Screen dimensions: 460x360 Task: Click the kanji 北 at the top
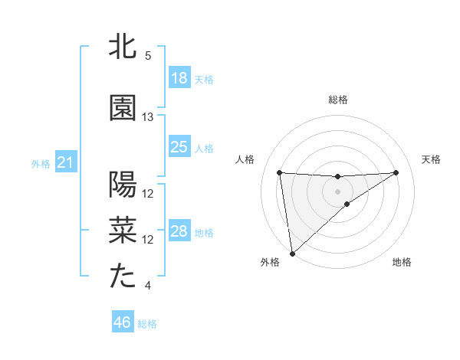click(x=123, y=47)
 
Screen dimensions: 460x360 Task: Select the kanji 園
click(x=123, y=108)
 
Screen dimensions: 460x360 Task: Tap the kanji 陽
click(x=123, y=185)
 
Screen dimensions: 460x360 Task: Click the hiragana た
click(x=123, y=277)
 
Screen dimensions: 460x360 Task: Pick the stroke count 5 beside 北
click(x=148, y=56)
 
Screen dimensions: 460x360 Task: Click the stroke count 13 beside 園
click(x=148, y=117)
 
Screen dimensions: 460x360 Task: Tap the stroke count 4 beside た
click(x=148, y=286)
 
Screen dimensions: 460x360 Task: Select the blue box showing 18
click(x=179, y=78)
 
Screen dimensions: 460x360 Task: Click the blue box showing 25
click(x=179, y=147)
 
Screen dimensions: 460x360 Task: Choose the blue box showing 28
click(x=179, y=231)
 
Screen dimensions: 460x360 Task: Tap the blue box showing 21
click(x=66, y=162)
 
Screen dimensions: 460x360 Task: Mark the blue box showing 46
click(x=123, y=322)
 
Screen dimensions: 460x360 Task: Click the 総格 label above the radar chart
click(x=337, y=100)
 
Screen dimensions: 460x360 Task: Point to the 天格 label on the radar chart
click(x=432, y=159)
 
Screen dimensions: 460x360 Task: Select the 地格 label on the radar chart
click(x=402, y=262)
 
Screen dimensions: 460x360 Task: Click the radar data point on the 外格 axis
click(x=291, y=253)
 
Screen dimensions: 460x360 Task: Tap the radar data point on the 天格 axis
click(x=396, y=172)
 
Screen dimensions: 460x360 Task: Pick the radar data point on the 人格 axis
click(x=280, y=172)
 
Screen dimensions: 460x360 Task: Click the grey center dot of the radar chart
click(x=337, y=190)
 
